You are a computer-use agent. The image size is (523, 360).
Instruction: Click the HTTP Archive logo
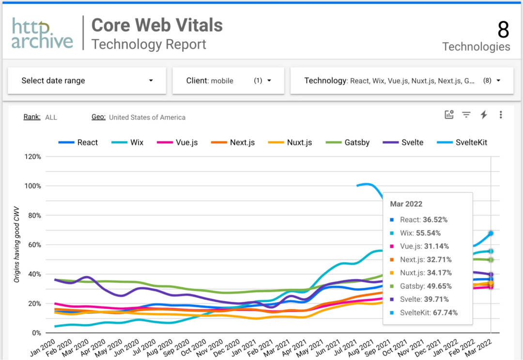tap(42, 33)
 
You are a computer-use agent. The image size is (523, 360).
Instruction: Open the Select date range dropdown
tap(87, 80)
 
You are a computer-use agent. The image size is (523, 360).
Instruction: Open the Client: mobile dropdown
tap(228, 80)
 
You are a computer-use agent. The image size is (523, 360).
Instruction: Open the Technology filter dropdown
tap(401, 80)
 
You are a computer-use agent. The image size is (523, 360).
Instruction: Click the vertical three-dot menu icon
tap(501, 115)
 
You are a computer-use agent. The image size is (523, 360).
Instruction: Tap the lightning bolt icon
tap(483, 115)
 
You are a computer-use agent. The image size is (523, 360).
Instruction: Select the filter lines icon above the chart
tap(466, 115)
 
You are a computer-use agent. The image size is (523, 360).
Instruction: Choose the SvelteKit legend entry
tap(463, 142)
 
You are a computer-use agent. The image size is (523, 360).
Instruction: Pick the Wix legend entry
tap(129, 142)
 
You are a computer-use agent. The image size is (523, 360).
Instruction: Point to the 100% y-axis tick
tap(33, 186)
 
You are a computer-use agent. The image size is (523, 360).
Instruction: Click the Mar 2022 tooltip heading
tap(406, 204)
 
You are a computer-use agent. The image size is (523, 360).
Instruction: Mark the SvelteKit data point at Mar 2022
tap(491, 233)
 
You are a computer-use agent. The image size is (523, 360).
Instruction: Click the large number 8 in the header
tap(503, 30)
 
